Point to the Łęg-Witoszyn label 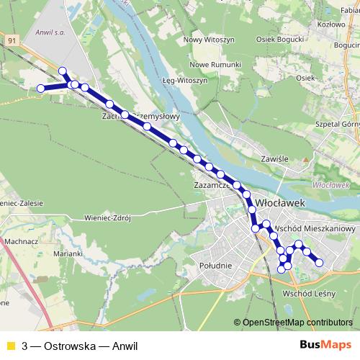[184, 80]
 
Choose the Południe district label [213, 266]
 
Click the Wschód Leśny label [310, 294]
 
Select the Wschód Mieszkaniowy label [316, 228]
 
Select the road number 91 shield [11, 41]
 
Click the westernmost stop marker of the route [41, 88]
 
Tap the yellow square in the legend [10, 345]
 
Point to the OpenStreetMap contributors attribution [297, 323]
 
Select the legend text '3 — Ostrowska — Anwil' [79, 345]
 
